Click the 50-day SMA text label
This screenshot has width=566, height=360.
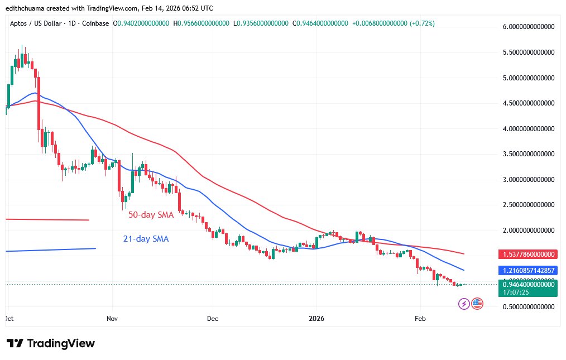pos(151,214)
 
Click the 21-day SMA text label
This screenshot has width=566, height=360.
pos(146,239)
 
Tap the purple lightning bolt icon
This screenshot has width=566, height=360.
pos(464,304)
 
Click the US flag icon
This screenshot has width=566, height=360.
pos(477,304)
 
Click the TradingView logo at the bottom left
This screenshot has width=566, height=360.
pos(50,343)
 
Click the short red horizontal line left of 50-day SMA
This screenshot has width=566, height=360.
pos(47,219)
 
